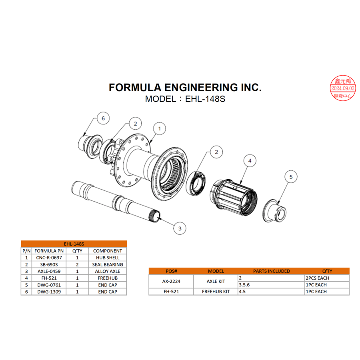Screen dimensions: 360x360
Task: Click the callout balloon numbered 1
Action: (x=159, y=129)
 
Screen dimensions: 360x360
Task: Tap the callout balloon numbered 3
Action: (x=180, y=228)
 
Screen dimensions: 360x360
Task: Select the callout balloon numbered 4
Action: (x=250, y=161)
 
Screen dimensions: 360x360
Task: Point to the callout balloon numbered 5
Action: (x=291, y=176)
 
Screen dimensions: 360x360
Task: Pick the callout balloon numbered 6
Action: (x=103, y=118)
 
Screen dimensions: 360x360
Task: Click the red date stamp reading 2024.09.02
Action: (x=342, y=88)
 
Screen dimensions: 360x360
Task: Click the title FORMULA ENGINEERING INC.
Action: (x=185, y=88)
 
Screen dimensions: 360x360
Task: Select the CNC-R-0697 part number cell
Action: (x=49, y=258)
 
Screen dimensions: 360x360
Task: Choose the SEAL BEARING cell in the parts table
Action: (x=108, y=265)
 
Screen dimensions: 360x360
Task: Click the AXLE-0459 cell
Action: (x=49, y=272)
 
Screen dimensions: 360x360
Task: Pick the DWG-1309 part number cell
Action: (x=49, y=292)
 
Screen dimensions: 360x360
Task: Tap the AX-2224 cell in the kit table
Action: (x=171, y=281)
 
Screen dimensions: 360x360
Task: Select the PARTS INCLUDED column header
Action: (x=271, y=271)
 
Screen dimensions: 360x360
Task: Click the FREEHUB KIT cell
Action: (x=216, y=292)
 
